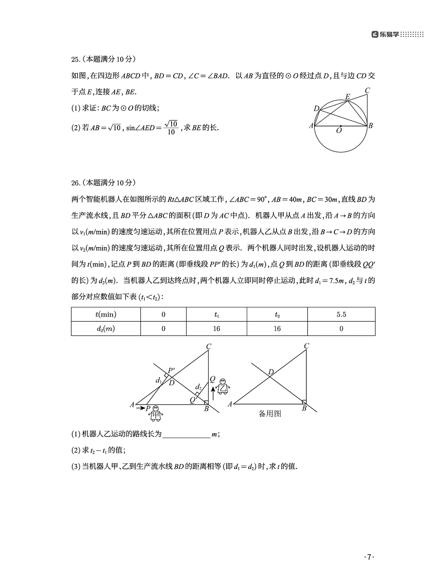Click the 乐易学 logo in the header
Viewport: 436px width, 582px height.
[x=386, y=35]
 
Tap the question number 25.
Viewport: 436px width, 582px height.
[x=75, y=60]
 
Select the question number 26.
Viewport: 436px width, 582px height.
[x=75, y=183]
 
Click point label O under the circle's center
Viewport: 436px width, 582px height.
[x=339, y=131]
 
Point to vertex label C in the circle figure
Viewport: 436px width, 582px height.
[x=367, y=91]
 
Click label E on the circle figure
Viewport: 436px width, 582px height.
[x=348, y=97]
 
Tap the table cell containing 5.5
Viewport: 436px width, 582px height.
[x=341, y=314]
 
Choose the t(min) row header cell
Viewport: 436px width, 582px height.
[x=106, y=314]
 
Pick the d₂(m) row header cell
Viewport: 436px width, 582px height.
[x=106, y=329]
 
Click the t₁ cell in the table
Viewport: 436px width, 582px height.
[x=216, y=314]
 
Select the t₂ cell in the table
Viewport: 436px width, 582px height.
[x=277, y=314]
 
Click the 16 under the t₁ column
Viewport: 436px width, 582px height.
[x=216, y=329]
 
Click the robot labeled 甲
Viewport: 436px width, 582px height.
[x=156, y=413]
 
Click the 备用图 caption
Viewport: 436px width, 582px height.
[x=270, y=413]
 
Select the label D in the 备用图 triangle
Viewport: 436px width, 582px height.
[x=271, y=372]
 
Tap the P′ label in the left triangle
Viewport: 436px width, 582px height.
[x=171, y=370]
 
